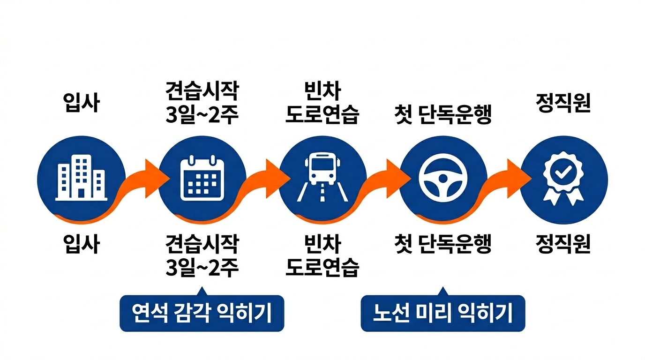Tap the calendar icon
(202, 179)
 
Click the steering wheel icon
(443, 179)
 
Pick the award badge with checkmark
(563, 179)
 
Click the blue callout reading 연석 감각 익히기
(202, 313)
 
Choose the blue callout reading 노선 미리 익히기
(443, 313)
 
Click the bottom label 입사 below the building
(81, 244)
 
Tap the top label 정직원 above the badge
(563, 104)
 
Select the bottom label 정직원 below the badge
(563, 244)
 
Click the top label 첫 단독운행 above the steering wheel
(443, 115)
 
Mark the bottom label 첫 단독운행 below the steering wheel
(443, 244)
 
